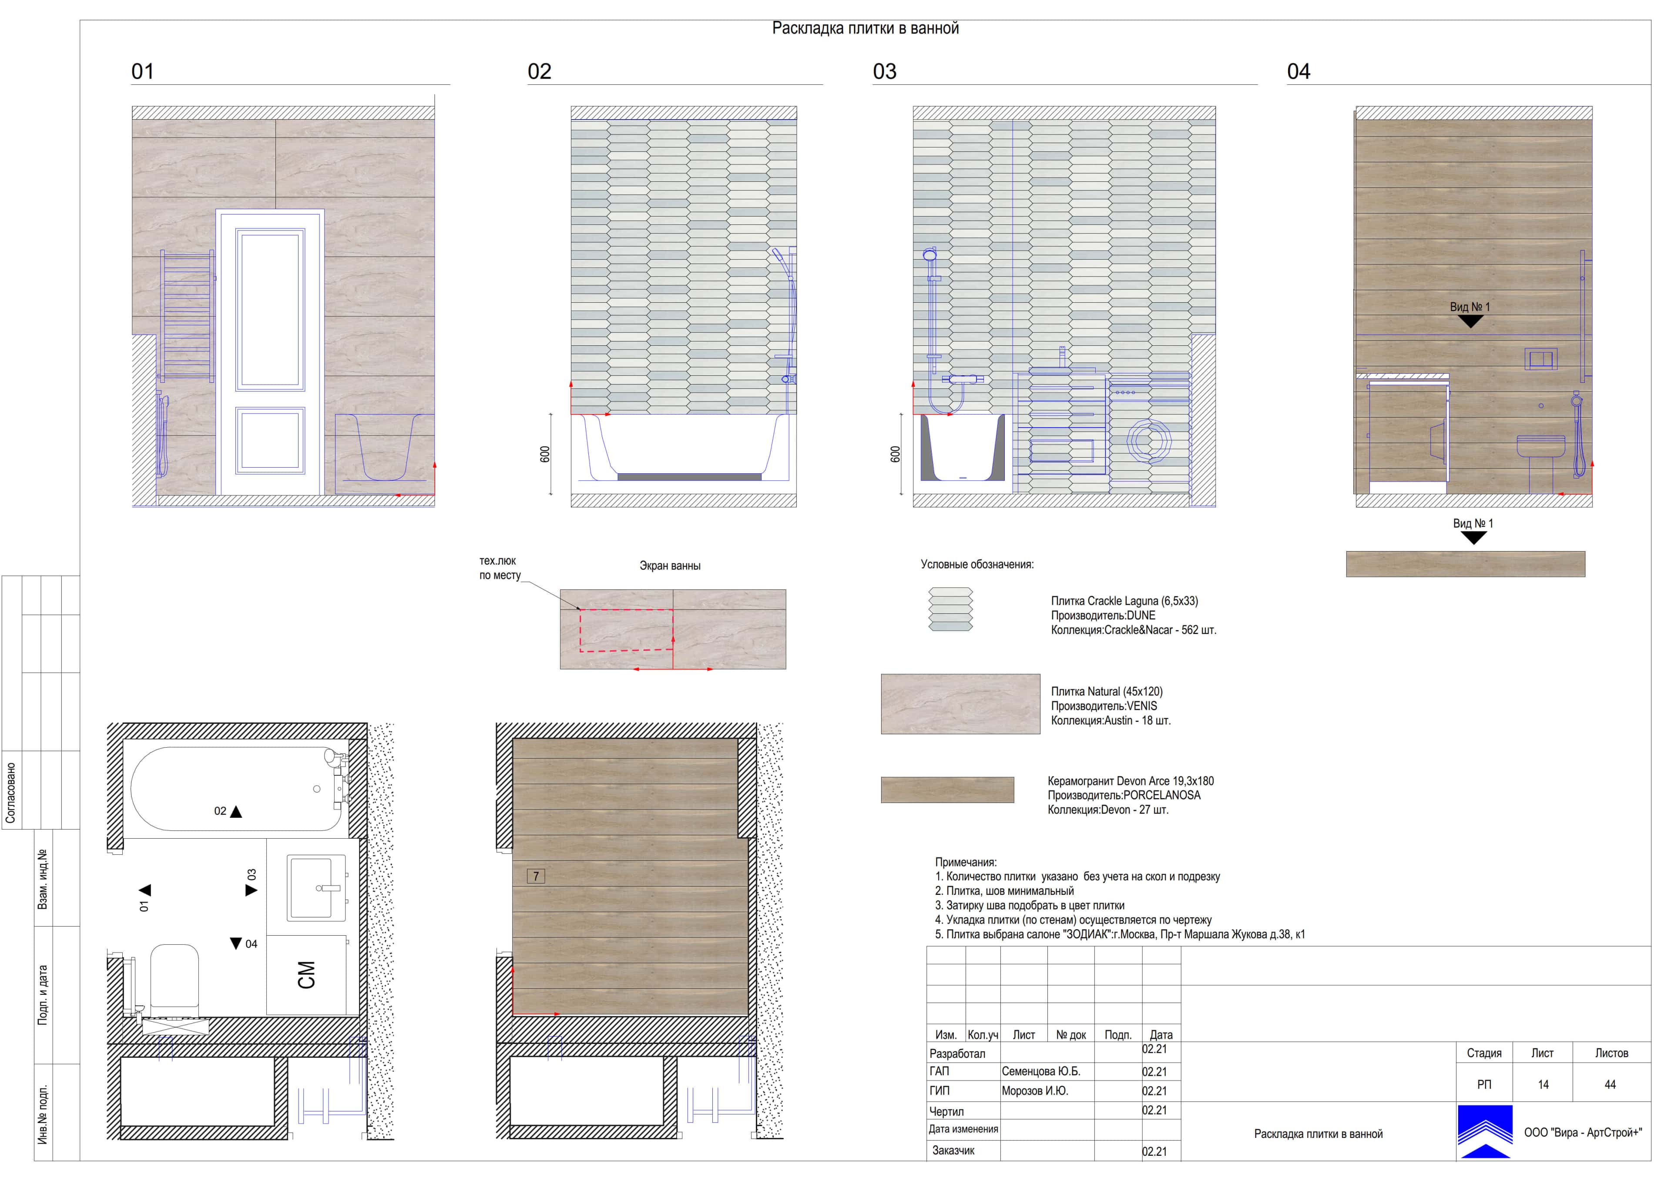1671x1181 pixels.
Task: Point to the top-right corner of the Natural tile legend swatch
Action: [x=1040, y=675]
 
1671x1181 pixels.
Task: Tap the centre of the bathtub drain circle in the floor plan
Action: [x=317, y=789]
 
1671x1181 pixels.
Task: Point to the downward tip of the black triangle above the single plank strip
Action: [x=1473, y=544]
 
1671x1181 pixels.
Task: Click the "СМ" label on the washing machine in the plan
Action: [x=306, y=975]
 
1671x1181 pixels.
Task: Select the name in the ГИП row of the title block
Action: [x=1035, y=1091]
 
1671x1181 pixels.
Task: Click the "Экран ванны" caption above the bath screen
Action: [x=670, y=566]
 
